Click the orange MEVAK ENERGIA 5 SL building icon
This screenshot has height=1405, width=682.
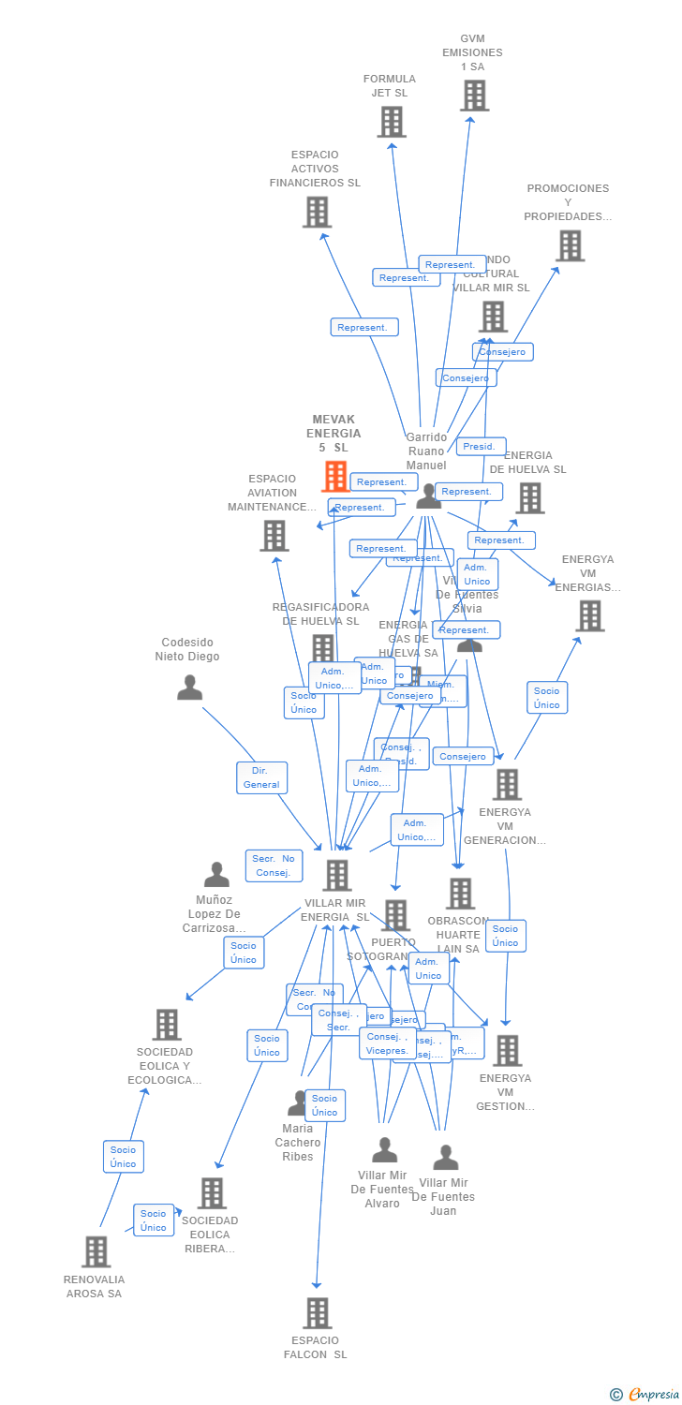[x=334, y=477]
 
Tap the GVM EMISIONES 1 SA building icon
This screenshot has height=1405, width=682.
[x=474, y=96]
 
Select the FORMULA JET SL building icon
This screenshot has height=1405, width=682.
[x=392, y=122]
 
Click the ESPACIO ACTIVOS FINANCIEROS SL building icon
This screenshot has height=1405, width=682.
[x=318, y=213]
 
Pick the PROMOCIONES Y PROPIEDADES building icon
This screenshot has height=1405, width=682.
[x=570, y=245]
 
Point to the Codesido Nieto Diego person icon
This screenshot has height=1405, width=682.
[x=189, y=688]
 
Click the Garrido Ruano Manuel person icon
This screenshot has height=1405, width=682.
[x=428, y=496]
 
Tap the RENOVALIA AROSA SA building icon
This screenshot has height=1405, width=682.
[x=96, y=1251]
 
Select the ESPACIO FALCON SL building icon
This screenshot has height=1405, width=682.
[x=318, y=1312]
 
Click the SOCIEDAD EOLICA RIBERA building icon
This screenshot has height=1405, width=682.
[x=212, y=1193]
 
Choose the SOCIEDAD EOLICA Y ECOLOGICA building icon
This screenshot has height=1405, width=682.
[x=167, y=1025]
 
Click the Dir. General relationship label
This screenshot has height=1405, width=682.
[x=261, y=777]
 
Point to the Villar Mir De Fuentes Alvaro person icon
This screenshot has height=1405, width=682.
[x=384, y=1150]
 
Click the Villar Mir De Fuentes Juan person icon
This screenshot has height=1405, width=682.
[x=446, y=1158]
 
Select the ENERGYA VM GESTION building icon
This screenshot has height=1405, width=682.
[x=507, y=1051]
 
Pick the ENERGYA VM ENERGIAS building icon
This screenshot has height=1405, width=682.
[x=589, y=616]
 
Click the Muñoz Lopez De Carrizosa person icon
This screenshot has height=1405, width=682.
[x=216, y=875]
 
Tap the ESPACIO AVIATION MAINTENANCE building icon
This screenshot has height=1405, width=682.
[x=274, y=536]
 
